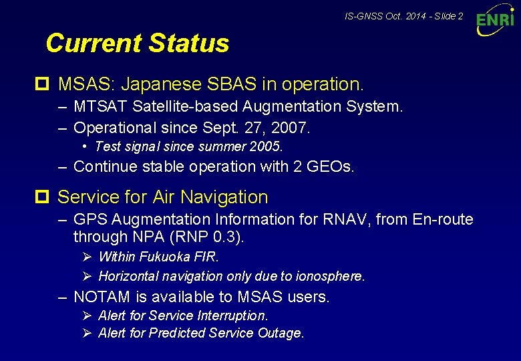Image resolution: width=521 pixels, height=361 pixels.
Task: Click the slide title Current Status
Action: pyautogui.click(x=137, y=43)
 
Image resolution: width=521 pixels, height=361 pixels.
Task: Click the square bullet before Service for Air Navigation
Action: pyautogui.click(x=47, y=197)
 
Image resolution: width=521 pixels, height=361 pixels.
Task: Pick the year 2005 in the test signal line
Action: pyautogui.click(x=269, y=146)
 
